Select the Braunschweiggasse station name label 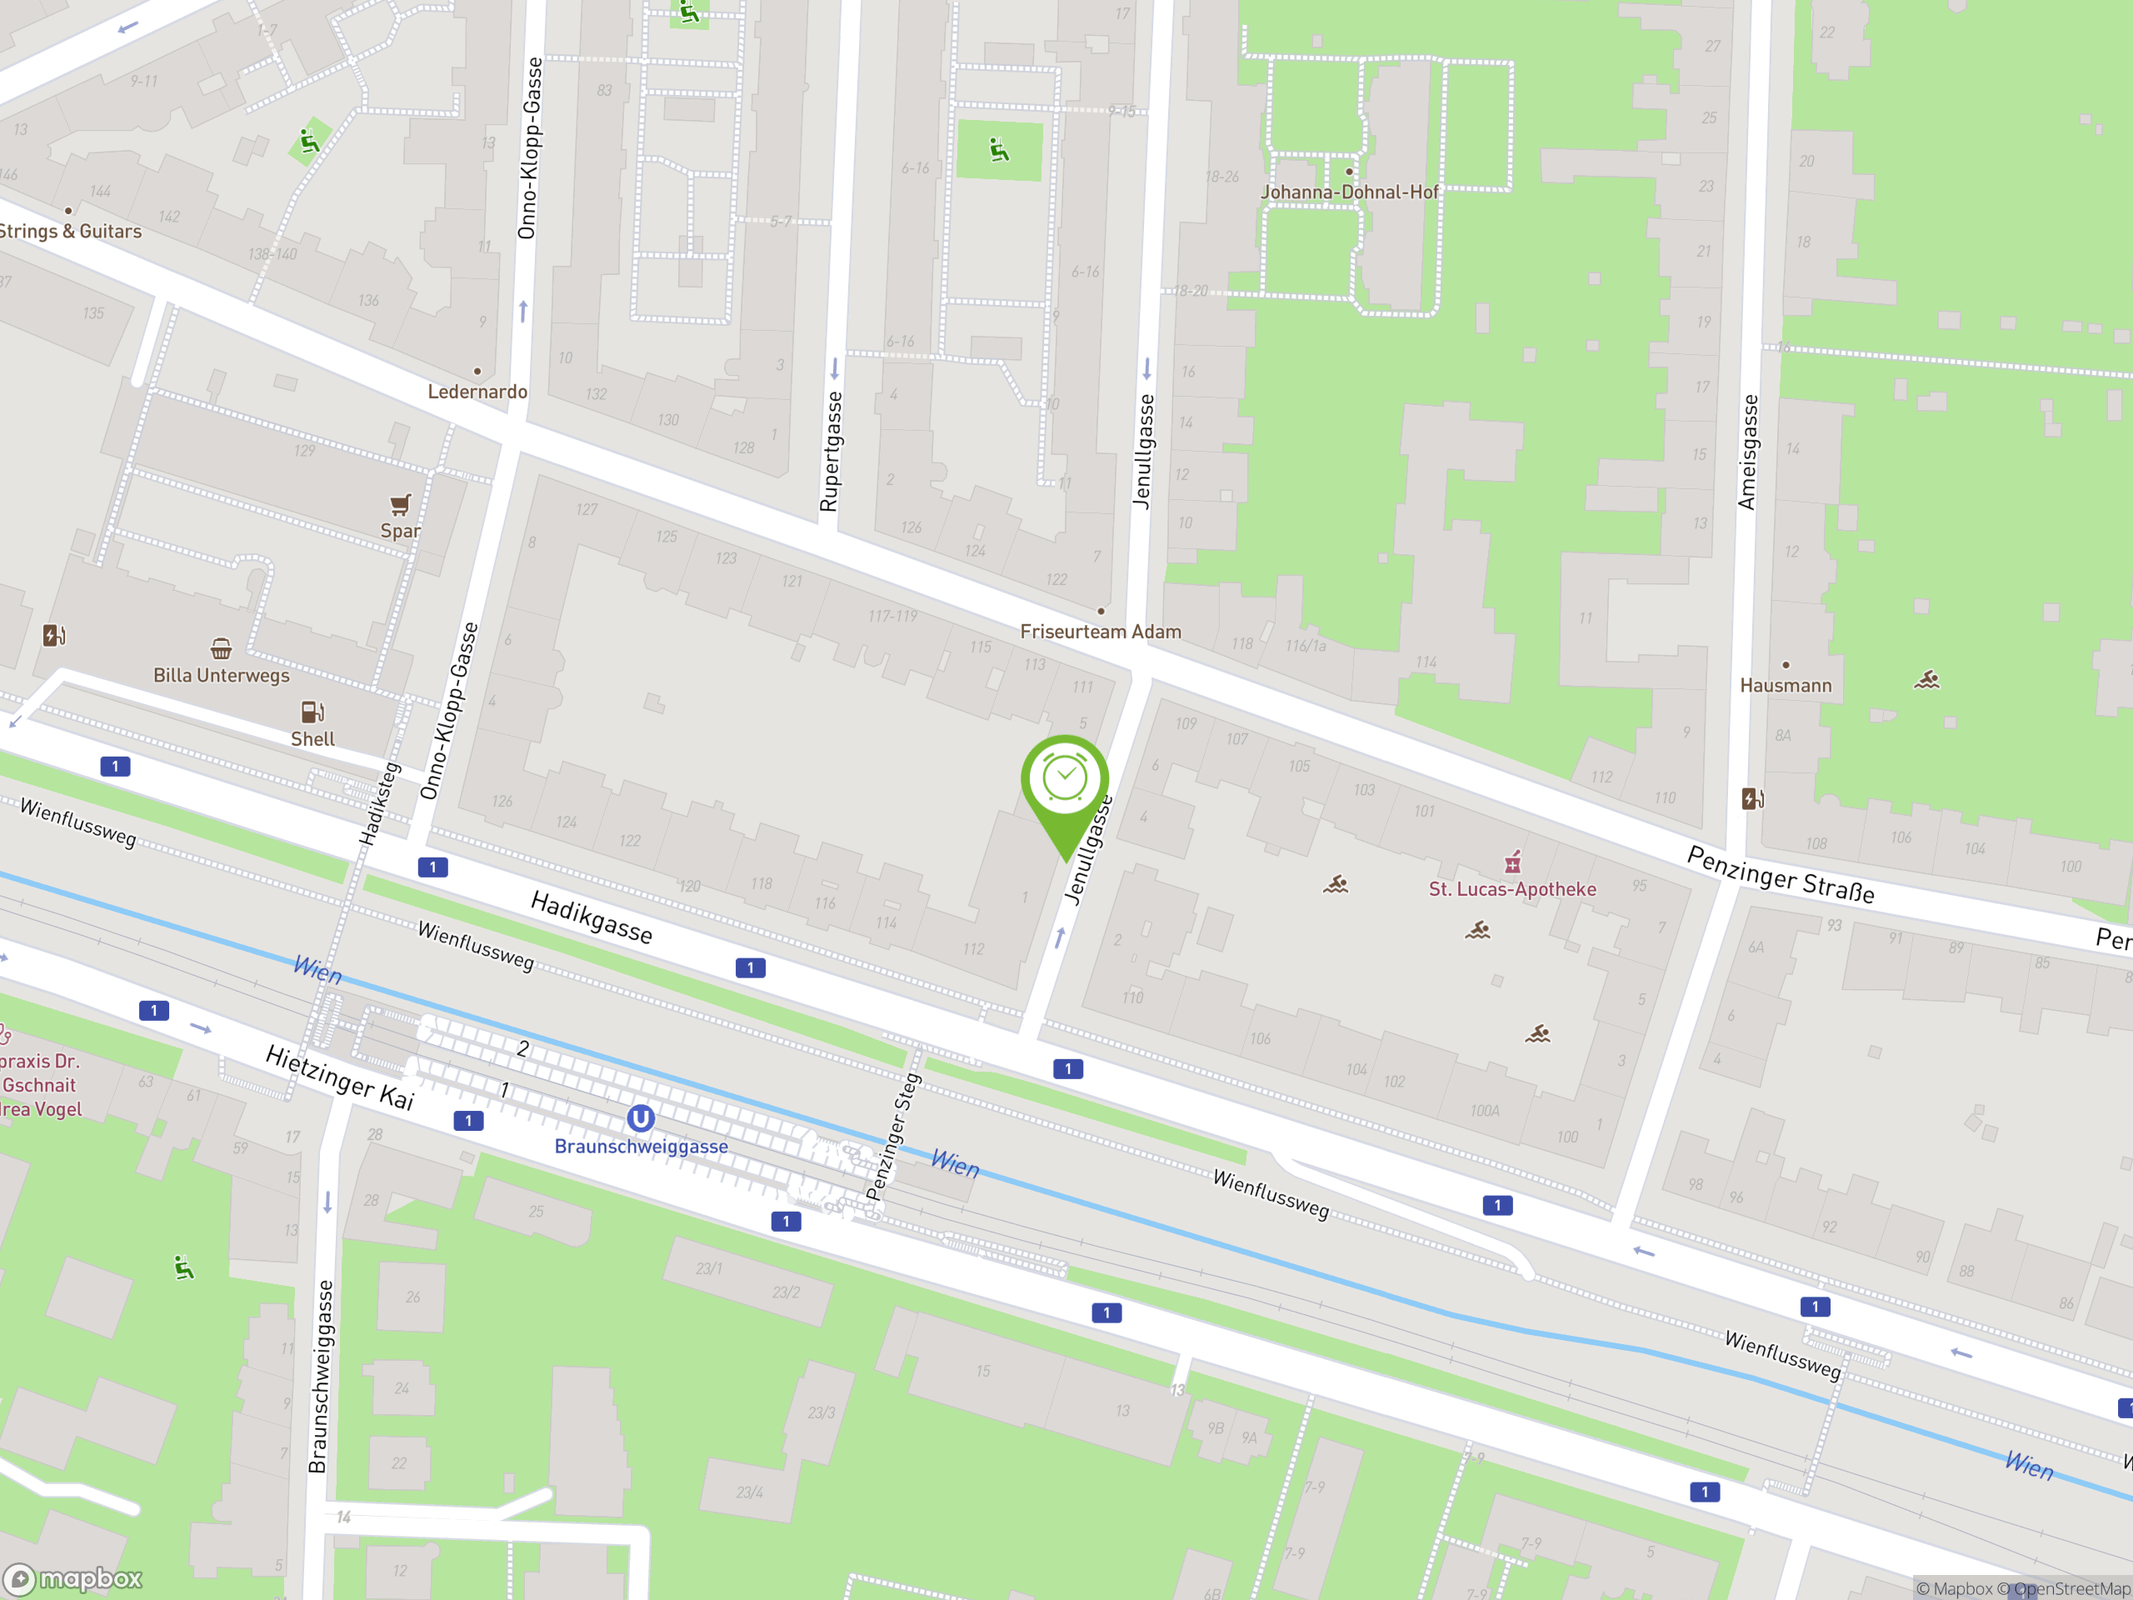642,1146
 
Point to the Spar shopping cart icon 400,504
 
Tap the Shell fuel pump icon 312,712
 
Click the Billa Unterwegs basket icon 221,648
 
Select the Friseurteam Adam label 1101,632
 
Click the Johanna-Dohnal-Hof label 1349,192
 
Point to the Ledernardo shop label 477,392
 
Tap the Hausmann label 1785,686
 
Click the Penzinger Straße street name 1780,875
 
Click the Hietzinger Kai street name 339,1077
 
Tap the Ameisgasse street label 1747,452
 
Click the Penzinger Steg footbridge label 892,1136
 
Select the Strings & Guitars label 70,232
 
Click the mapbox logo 73,1579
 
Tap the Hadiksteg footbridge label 379,804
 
